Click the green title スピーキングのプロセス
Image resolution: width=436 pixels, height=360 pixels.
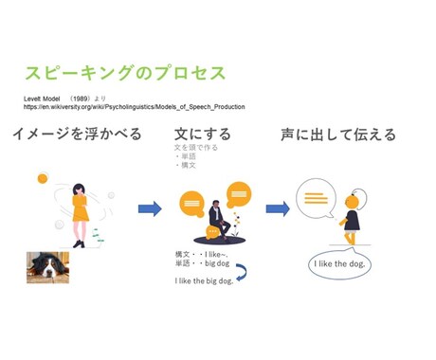pyautogui.click(x=124, y=74)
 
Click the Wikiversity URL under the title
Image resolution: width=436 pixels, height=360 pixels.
pyautogui.click(x=134, y=107)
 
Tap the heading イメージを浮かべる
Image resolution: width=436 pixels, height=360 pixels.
pyautogui.click(x=78, y=135)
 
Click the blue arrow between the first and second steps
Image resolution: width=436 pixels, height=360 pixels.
pyautogui.click(x=149, y=208)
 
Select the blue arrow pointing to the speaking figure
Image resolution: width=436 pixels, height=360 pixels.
pyautogui.click(x=277, y=208)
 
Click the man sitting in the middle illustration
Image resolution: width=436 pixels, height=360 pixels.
pyautogui.click(x=217, y=219)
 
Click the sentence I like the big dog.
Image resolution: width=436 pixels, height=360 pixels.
pyautogui.click(x=202, y=281)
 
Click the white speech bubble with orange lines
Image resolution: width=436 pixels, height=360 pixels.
pyautogui.click(x=316, y=198)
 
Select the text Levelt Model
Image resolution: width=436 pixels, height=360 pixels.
pyautogui.click(x=42, y=98)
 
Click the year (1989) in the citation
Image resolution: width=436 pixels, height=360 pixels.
pyautogui.click(x=82, y=98)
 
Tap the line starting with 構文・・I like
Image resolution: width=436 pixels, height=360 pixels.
pyautogui.click(x=201, y=255)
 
